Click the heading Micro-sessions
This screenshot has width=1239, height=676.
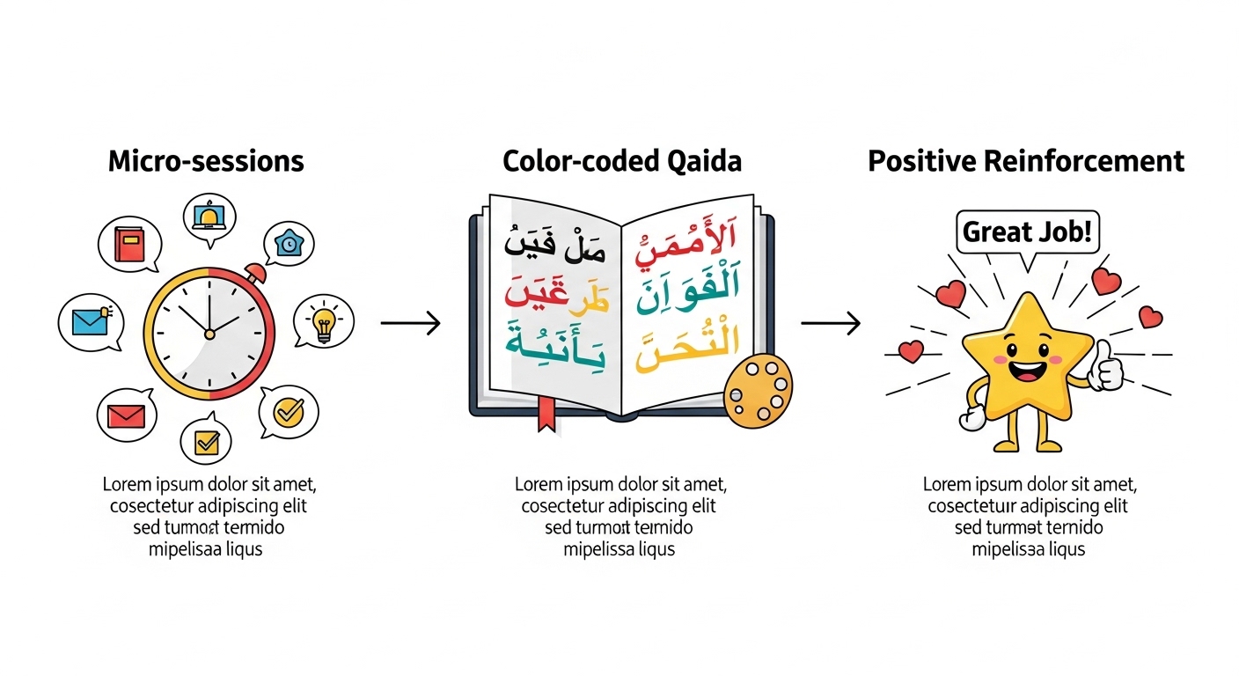tap(206, 162)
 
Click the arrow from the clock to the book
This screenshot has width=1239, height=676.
tap(410, 323)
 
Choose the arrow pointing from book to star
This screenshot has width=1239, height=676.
tap(830, 323)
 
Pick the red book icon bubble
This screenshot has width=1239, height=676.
tap(129, 243)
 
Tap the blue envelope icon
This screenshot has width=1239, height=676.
tap(89, 321)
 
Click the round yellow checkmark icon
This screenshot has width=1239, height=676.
tap(288, 410)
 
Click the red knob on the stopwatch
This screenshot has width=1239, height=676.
tap(256, 274)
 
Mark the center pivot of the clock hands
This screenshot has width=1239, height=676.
tap(209, 334)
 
